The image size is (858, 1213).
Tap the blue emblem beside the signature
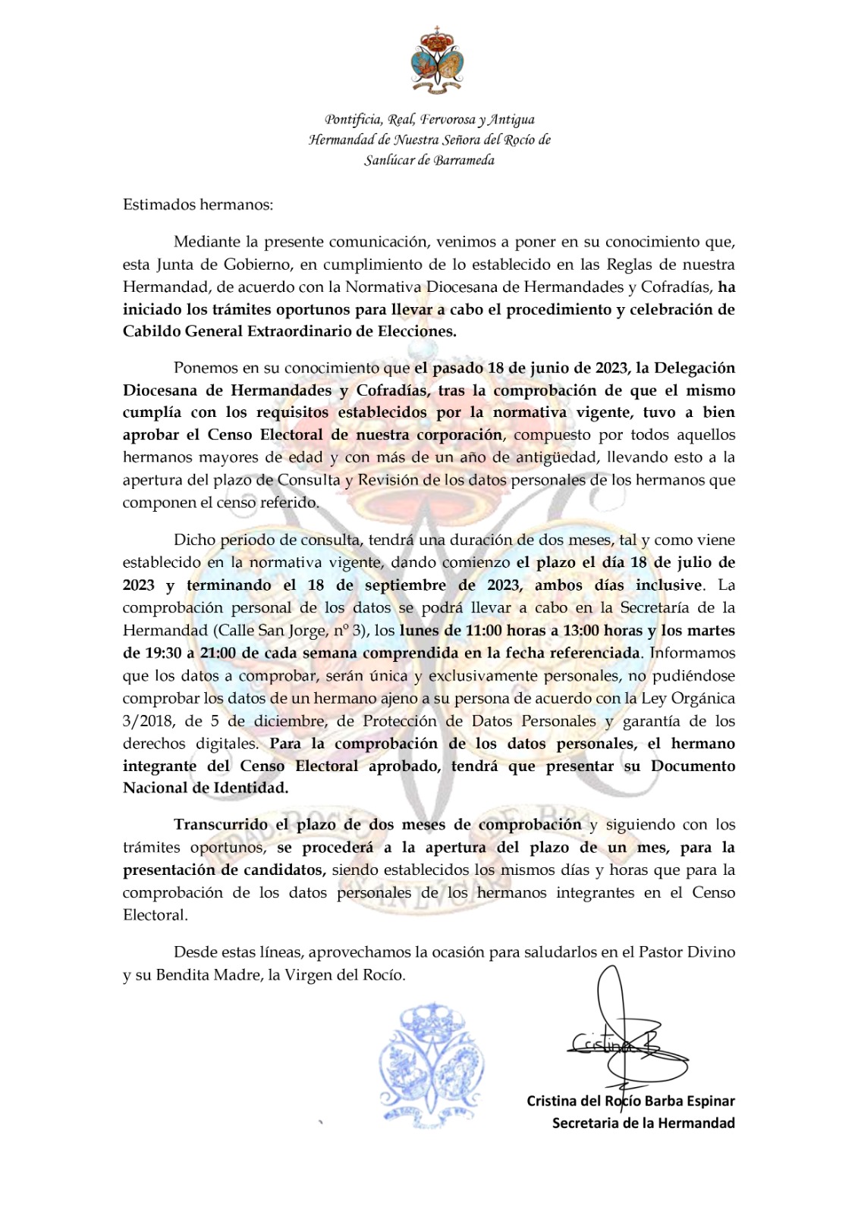click(432, 1066)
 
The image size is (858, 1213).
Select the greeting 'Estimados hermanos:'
click(198, 205)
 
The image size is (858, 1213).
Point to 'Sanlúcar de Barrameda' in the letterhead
click(429, 160)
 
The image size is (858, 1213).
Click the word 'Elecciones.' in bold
click(418, 331)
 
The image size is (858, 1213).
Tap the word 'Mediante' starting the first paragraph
click(205, 243)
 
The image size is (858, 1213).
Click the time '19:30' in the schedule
click(163, 653)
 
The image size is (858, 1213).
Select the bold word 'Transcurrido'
click(221, 825)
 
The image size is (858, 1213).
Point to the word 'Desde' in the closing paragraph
click(196, 952)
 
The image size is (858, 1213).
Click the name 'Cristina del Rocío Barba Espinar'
click(630, 1101)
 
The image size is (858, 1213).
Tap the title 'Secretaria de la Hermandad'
click(643, 1124)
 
